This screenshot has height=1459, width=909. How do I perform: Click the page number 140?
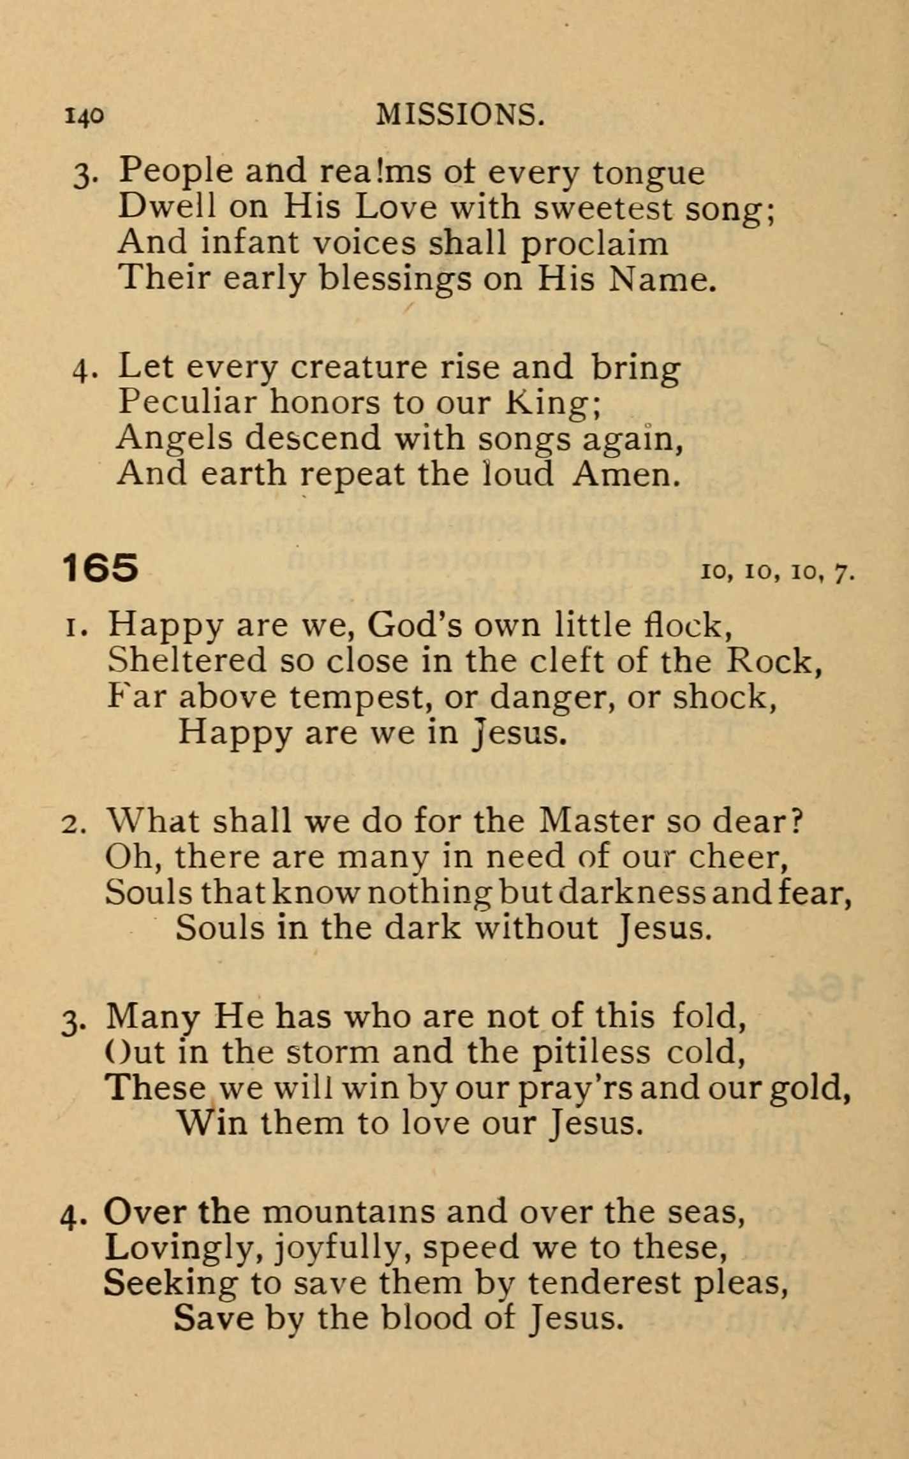pos(84,115)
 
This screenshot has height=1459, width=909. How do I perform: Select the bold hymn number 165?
pos(100,568)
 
